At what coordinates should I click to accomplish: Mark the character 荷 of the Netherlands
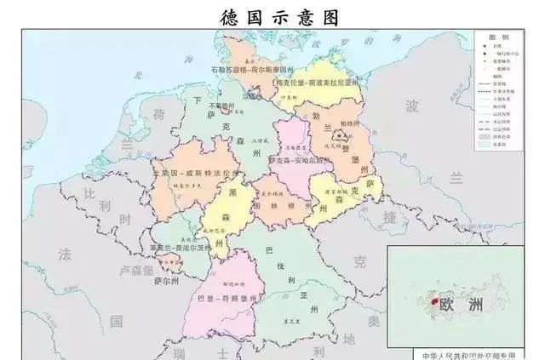(158, 113)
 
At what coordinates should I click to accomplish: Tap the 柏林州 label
(349, 124)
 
